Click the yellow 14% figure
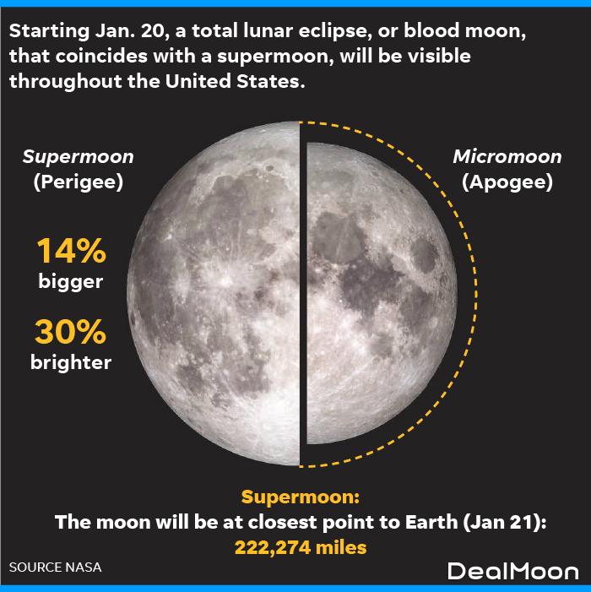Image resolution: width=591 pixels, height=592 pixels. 71,250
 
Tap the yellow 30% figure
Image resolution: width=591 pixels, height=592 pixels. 71,332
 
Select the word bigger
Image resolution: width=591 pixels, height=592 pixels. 71,282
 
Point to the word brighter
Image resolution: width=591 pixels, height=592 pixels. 71,362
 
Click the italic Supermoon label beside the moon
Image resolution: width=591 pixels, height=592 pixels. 79,157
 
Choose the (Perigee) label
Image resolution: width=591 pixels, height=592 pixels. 79,182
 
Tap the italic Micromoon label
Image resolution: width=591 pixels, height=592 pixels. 507,157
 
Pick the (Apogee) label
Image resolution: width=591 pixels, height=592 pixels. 507,182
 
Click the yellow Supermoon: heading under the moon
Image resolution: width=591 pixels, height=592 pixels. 301,497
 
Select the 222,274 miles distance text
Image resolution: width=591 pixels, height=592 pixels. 301,547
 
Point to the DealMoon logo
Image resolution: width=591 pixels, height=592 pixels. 512,571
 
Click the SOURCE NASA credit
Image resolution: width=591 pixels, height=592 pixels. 56,567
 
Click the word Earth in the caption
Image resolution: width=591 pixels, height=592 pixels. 431,522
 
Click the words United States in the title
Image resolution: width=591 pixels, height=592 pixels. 235,81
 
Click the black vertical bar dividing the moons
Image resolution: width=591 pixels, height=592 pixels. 303,294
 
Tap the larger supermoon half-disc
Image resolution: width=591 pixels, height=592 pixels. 214,293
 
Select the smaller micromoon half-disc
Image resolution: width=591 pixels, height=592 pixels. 381,293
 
